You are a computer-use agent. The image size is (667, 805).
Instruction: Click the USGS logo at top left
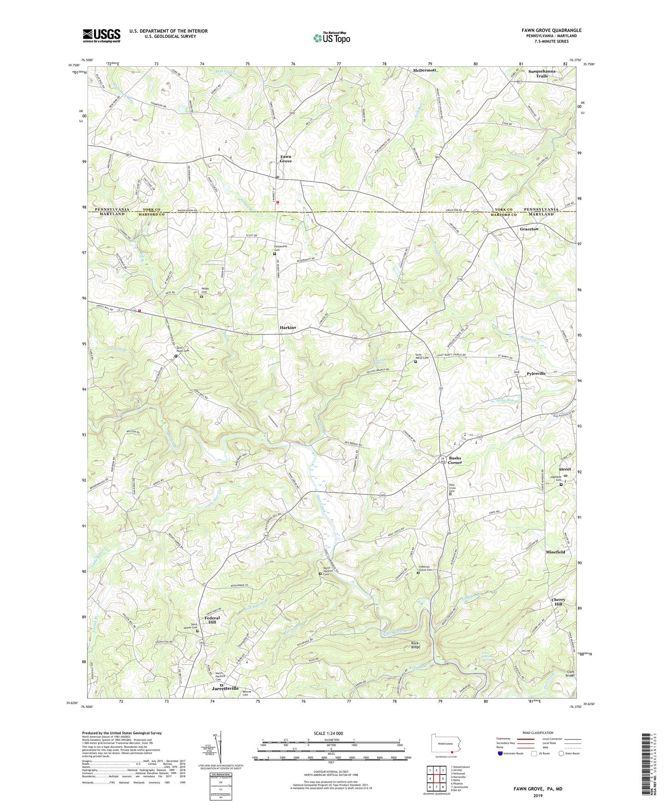tap(102, 36)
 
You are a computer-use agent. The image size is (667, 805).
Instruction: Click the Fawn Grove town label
tap(286, 159)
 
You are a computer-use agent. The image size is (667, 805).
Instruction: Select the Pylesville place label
tap(536, 373)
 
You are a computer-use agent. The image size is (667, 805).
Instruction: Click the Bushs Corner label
tap(455, 461)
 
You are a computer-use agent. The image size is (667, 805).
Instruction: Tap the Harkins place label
tap(288, 327)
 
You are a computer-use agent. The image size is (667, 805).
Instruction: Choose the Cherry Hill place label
tap(558, 602)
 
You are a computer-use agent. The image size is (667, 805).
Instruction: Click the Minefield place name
tap(555, 552)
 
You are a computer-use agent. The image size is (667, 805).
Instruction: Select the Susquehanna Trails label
tap(542, 73)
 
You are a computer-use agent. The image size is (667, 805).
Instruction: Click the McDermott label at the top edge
tap(424, 70)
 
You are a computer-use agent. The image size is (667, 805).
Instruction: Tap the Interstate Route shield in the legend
tap(500, 754)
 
